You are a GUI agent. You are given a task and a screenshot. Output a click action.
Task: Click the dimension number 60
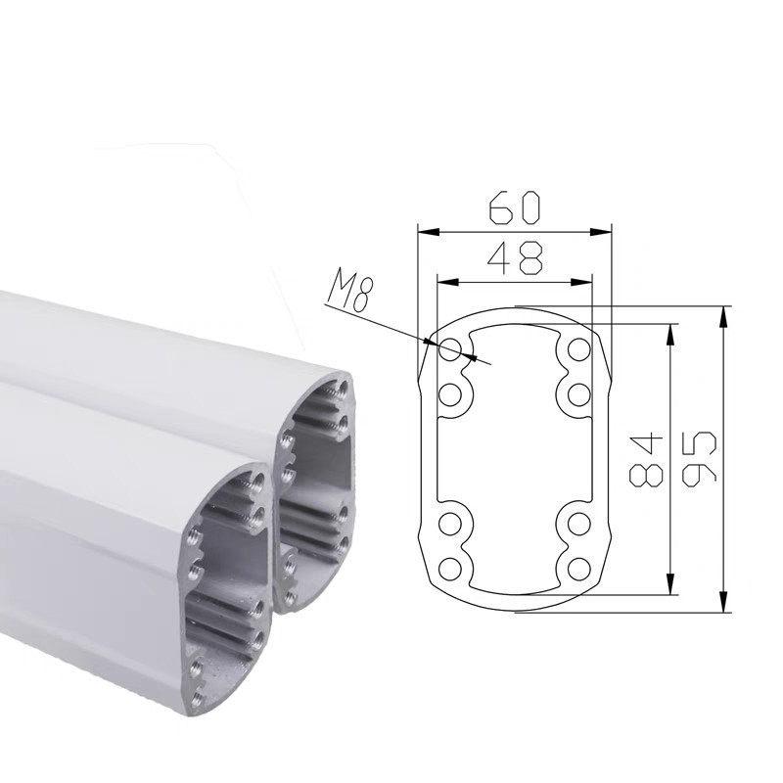pyautogui.click(x=515, y=207)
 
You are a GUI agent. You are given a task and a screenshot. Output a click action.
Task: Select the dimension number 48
pyautogui.click(x=515, y=258)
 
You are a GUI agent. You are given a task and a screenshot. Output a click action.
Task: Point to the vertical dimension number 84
pyautogui.click(x=646, y=460)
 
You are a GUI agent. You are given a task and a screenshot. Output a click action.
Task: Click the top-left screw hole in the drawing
pyautogui.click(x=450, y=349)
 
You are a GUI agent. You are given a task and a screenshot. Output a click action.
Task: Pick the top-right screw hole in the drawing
pyautogui.click(x=579, y=349)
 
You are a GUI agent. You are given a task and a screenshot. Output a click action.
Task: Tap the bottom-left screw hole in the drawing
pyautogui.click(x=450, y=569)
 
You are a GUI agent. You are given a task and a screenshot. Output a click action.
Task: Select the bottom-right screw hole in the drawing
pyautogui.click(x=579, y=569)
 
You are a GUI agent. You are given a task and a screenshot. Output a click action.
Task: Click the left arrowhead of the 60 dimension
pyautogui.click(x=428, y=232)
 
